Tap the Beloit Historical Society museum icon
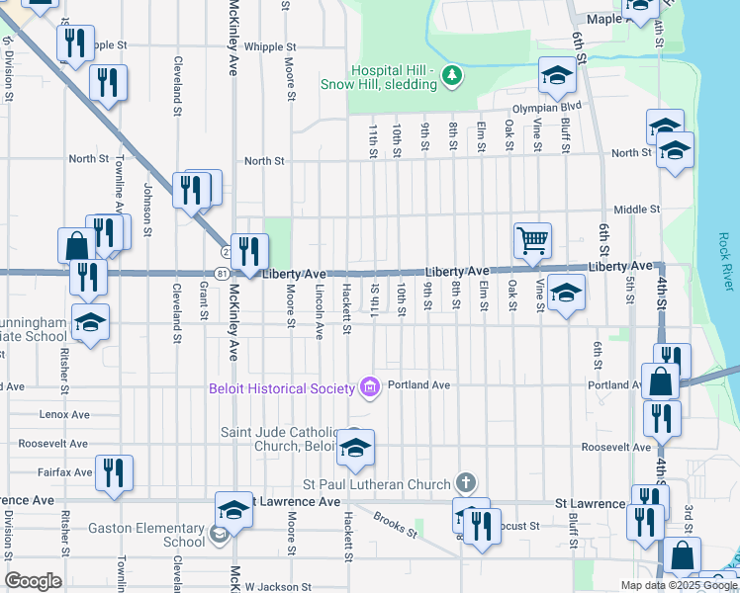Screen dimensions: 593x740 click(370, 386)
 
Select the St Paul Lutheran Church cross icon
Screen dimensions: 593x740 click(466, 483)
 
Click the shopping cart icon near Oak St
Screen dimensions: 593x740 click(532, 239)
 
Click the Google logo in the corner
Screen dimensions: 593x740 click(33, 581)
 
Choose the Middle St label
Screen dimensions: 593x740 click(636, 210)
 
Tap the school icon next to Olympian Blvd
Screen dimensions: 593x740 click(557, 75)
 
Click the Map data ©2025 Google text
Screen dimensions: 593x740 click(679, 585)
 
